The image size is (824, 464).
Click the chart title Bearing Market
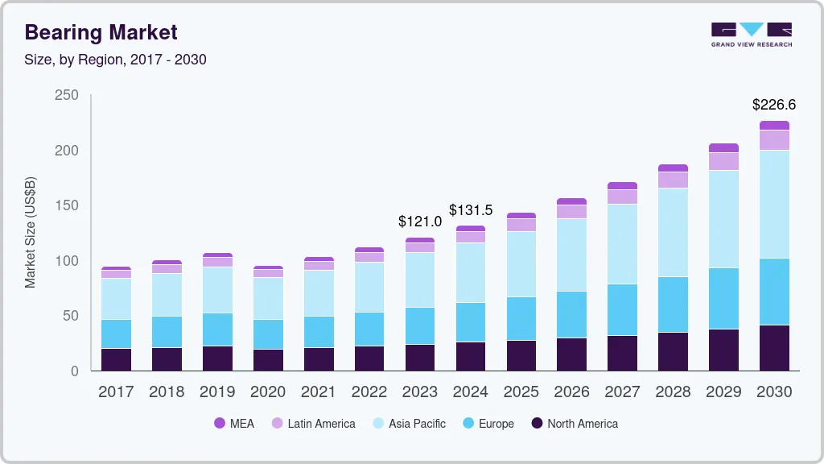101,32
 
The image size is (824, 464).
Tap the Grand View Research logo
752,34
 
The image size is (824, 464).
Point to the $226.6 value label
774,105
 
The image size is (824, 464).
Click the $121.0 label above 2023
420,222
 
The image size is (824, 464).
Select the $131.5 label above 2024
471,210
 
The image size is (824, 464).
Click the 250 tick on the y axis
67,95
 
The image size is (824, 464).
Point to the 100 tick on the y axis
67,261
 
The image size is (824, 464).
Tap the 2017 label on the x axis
116,392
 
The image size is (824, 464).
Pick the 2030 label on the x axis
774,392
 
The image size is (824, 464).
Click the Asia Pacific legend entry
408,424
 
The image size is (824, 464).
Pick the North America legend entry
574,424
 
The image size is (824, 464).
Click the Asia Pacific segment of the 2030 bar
774,205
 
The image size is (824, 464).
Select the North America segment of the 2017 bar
116,359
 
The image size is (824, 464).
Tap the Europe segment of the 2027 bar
622,310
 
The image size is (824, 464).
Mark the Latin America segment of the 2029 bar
723,161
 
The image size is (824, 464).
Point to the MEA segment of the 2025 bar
521,216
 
